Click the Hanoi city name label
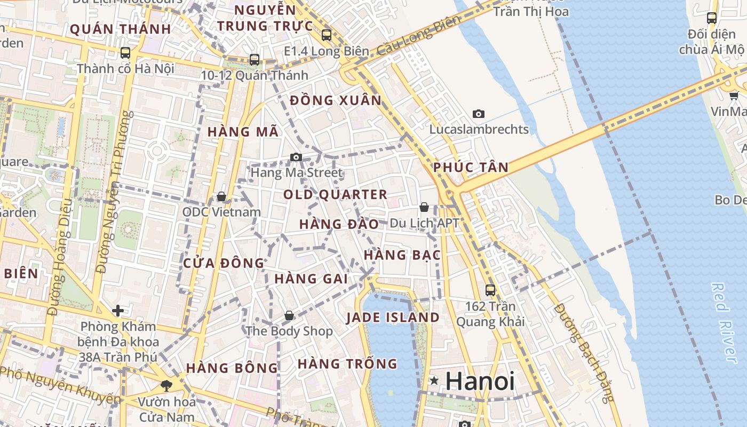pyautogui.click(x=480, y=381)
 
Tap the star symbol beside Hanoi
pyautogui.click(x=435, y=381)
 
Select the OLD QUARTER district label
pyautogui.click(x=335, y=195)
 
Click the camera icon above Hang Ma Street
pyautogui.click(x=296, y=157)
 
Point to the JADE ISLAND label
pyautogui.click(x=393, y=318)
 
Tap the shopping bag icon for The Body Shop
pyautogui.click(x=289, y=315)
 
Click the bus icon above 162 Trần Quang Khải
pyautogui.click(x=490, y=290)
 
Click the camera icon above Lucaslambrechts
pyautogui.click(x=479, y=114)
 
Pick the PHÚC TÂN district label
pyautogui.click(x=471, y=168)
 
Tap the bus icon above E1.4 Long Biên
pyautogui.click(x=327, y=35)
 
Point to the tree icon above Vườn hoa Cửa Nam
pyautogui.click(x=166, y=385)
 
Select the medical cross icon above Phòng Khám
pyautogui.click(x=118, y=310)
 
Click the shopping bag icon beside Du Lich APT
pyautogui.click(x=424, y=207)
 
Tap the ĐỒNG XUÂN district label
pyautogui.click(x=336, y=100)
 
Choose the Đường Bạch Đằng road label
pyautogui.click(x=585, y=353)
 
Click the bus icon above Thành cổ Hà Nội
pyautogui.click(x=125, y=52)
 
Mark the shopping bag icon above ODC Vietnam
pyautogui.click(x=221, y=197)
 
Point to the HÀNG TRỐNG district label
pyautogui.click(x=347, y=364)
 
